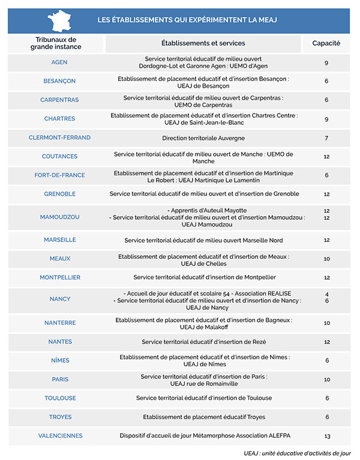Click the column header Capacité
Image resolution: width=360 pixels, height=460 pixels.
(x=326, y=43)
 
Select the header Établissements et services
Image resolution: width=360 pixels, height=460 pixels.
(x=203, y=43)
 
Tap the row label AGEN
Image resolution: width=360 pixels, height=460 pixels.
(x=59, y=62)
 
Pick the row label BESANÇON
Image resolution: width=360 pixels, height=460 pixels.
(x=59, y=81)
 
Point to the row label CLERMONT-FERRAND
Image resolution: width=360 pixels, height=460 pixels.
(x=59, y=138)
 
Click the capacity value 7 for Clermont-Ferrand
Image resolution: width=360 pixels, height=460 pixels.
(x=326, y=138)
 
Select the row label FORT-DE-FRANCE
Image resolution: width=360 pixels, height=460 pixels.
(x=59, y=175)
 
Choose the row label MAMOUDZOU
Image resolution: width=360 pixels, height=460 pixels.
(x=59, y=217)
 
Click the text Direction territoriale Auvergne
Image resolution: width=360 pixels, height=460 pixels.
(x=203, y=138)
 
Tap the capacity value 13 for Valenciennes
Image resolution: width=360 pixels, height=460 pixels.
(x=326, y=436)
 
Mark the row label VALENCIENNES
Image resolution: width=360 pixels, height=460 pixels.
(x=60, y=435)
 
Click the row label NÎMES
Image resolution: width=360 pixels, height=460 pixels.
(x=60, y=360)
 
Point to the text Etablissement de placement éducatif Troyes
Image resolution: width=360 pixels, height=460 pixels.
(x=203, y=417)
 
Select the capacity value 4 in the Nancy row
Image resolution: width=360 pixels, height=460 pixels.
(x=326, y=294)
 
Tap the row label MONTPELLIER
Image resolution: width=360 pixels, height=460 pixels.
(x=60, y=277)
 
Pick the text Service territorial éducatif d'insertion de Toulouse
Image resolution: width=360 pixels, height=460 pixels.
(x=203, y=398)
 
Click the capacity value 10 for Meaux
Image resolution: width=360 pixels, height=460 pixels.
(x=326, y=259)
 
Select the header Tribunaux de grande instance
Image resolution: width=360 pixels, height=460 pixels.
(x=56, y=43)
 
